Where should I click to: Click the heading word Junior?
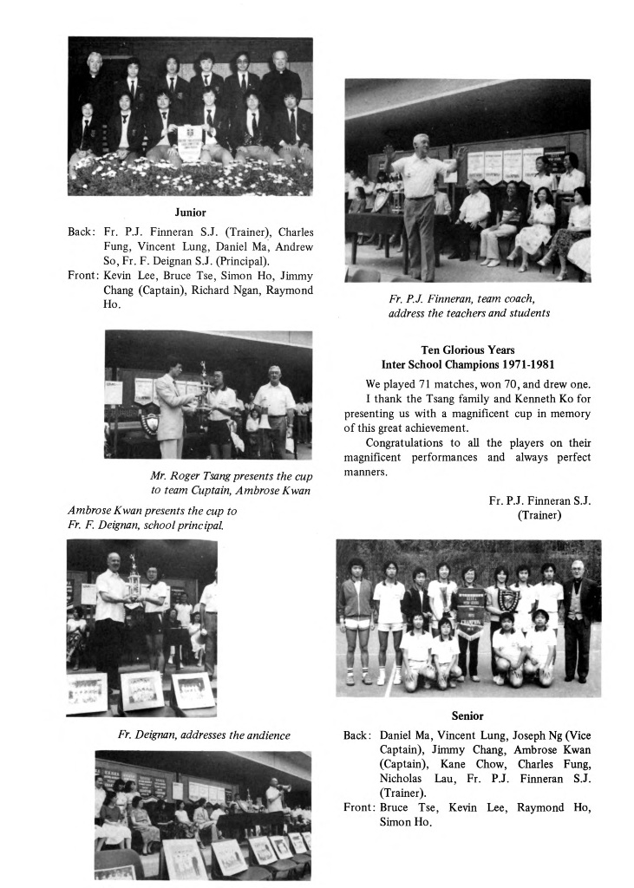click(189, 211)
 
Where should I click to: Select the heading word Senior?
click(467, 715)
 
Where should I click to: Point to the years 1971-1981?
click(523, 364)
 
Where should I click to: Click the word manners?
click(366, 473)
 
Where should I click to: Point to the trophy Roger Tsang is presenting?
click(203, 379)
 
